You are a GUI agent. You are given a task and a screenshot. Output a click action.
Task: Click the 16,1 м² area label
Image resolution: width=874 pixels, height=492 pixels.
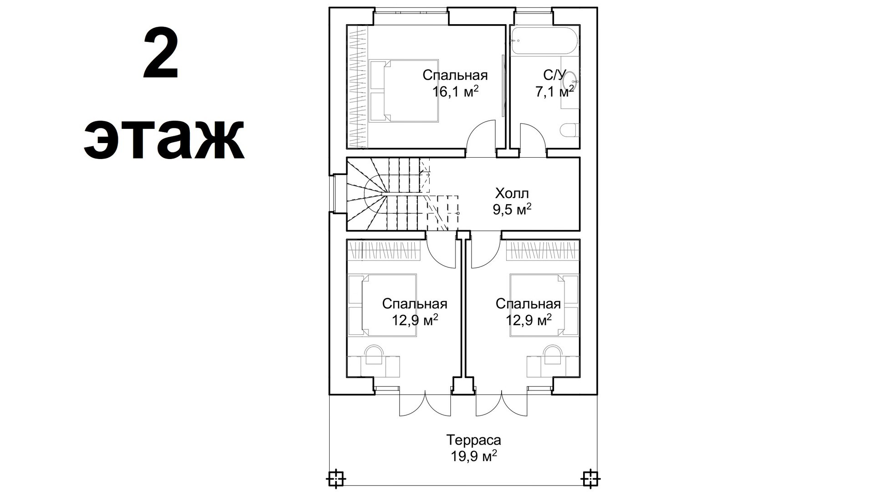[x=455, y=92]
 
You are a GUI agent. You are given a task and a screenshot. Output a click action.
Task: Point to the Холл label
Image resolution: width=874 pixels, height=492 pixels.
[x=512, y=194]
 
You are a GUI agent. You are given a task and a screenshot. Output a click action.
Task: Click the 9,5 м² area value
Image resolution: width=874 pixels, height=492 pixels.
[x=512, y=210]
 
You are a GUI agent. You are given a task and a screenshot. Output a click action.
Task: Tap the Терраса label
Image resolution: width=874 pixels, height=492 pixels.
[x=473, y=440]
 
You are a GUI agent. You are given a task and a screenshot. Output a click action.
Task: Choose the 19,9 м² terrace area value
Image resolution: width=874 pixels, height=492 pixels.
[x=473, y=456]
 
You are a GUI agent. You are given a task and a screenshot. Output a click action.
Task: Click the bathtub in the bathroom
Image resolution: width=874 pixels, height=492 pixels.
[x=545, y=41]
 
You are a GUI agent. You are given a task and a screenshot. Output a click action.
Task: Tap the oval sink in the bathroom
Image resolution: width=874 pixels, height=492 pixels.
[x=570, y=83]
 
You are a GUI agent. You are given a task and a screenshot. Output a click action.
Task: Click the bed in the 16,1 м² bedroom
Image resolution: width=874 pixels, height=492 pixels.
[x=404, y=91]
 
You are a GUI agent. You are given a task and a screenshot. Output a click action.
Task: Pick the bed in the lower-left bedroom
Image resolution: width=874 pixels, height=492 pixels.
[x=382, y=305]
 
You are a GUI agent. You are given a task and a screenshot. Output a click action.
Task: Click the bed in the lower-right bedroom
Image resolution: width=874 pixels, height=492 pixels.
[x=544, y=305]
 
